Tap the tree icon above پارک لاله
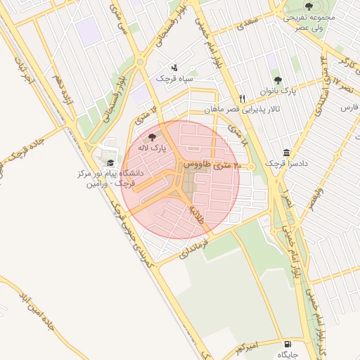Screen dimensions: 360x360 (x=153, y=136)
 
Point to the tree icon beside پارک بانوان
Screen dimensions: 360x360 (x=277, y=80)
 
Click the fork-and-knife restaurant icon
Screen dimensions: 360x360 (x=243, y=98)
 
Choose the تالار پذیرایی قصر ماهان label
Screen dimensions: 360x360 (x=243, y=110)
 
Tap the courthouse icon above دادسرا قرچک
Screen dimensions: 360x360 (x=286, y=153)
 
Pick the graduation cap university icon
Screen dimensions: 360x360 (x=110, y=162)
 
